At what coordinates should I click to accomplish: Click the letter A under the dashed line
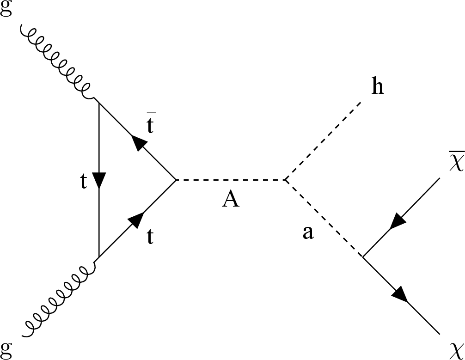pyautogui.click(x=231, y=200)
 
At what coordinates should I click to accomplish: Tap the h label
pyautogui.click(x=378, y=87)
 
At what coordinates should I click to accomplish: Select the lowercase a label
pyautogui.click(x=308, y=233)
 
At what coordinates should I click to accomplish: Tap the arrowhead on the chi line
pyautogui.click(x=400, y=294)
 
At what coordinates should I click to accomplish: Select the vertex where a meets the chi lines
pyautogui.click(x=363, y=257)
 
